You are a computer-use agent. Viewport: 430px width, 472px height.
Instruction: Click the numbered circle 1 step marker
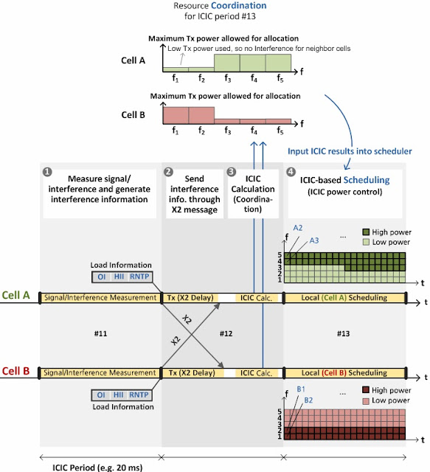pyautogui.click(x=48, y=173)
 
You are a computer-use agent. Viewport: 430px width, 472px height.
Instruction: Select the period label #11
pyautogui.click(x=101, y=333)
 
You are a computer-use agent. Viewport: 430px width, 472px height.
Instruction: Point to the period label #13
pyautogui.click(x=344, y=333)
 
